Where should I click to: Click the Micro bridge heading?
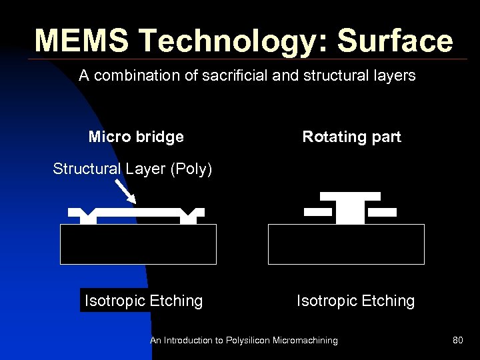pos(136,137)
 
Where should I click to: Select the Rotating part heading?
pos(351,137)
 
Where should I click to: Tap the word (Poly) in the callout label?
pos(191,169)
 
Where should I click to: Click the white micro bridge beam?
pos(137,211)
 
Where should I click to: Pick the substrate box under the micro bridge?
pos(138,244)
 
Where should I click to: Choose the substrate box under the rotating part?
pos(346,244)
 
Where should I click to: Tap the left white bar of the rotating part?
pos(317,212)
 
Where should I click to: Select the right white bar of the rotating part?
pos(382,212)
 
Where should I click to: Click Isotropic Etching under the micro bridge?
pos(143,301)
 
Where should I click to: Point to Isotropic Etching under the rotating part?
pos(355,301)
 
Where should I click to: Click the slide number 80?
pos(457,341)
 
